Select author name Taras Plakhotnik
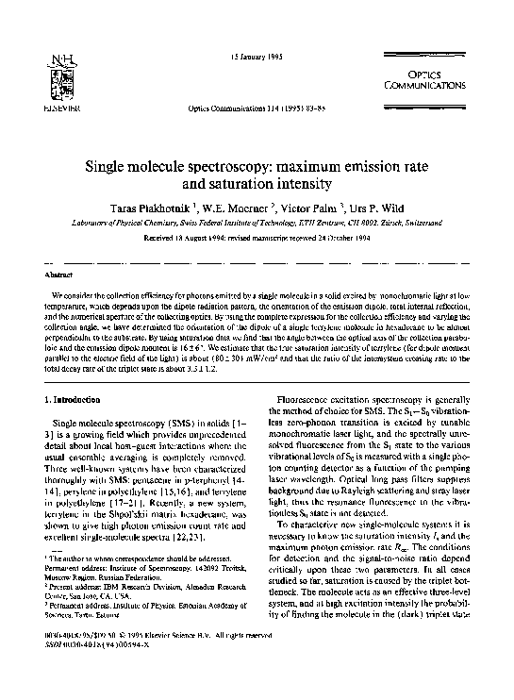point(163,208)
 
